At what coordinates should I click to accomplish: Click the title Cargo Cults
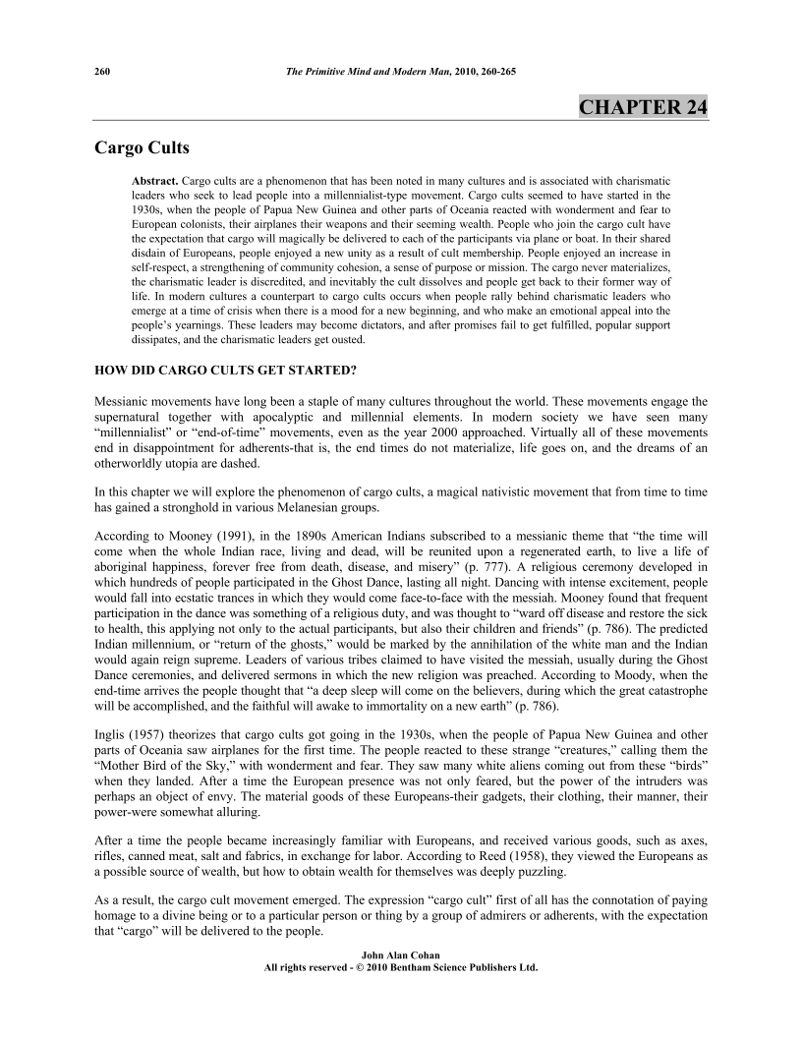[142, 149]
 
